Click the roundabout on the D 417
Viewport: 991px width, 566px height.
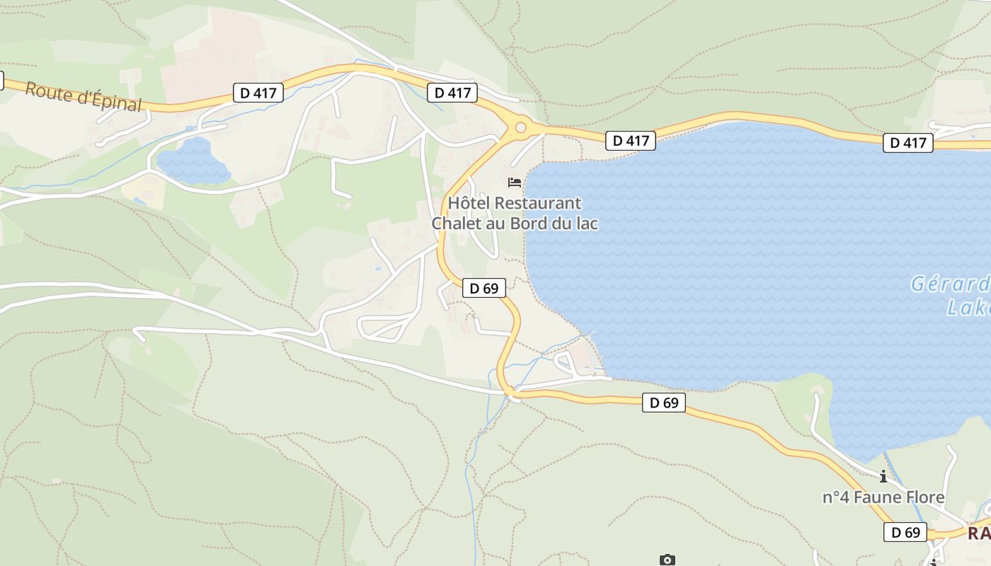coord(521,128)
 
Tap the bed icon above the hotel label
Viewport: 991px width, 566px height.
coord(515,183)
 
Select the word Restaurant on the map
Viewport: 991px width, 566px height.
coord(538,203)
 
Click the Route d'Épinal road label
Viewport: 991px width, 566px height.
coord(83,96)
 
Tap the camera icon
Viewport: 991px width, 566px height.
coord(667,560)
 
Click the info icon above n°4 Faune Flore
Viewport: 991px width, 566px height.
coord(883,476)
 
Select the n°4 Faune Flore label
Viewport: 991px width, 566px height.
coord(883,497)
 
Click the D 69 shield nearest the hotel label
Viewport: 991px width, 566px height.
coord(484,288)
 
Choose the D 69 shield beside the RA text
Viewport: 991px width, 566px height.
coord(905,532)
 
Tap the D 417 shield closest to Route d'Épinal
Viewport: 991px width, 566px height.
coord(258,92)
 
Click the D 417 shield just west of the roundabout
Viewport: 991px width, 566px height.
coord(452,92)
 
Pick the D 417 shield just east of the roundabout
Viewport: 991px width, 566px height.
coord(631,141)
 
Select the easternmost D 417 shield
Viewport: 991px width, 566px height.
coord(908,143)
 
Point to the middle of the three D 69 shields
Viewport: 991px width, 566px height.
coord(664,403)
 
